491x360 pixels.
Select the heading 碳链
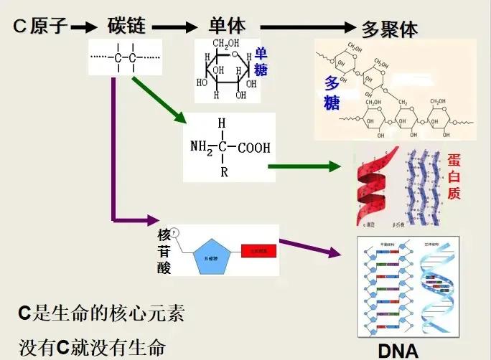click(126, 27)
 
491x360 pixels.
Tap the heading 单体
click(227, 27)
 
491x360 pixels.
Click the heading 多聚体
click(389, 29)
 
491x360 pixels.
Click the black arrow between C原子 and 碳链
click(84, 28)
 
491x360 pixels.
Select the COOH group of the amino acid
click(254, 148)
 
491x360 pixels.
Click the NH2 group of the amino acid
click(202, 148)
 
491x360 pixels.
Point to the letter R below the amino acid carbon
click(224, 172)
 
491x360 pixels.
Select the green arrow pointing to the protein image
click(304, 166)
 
